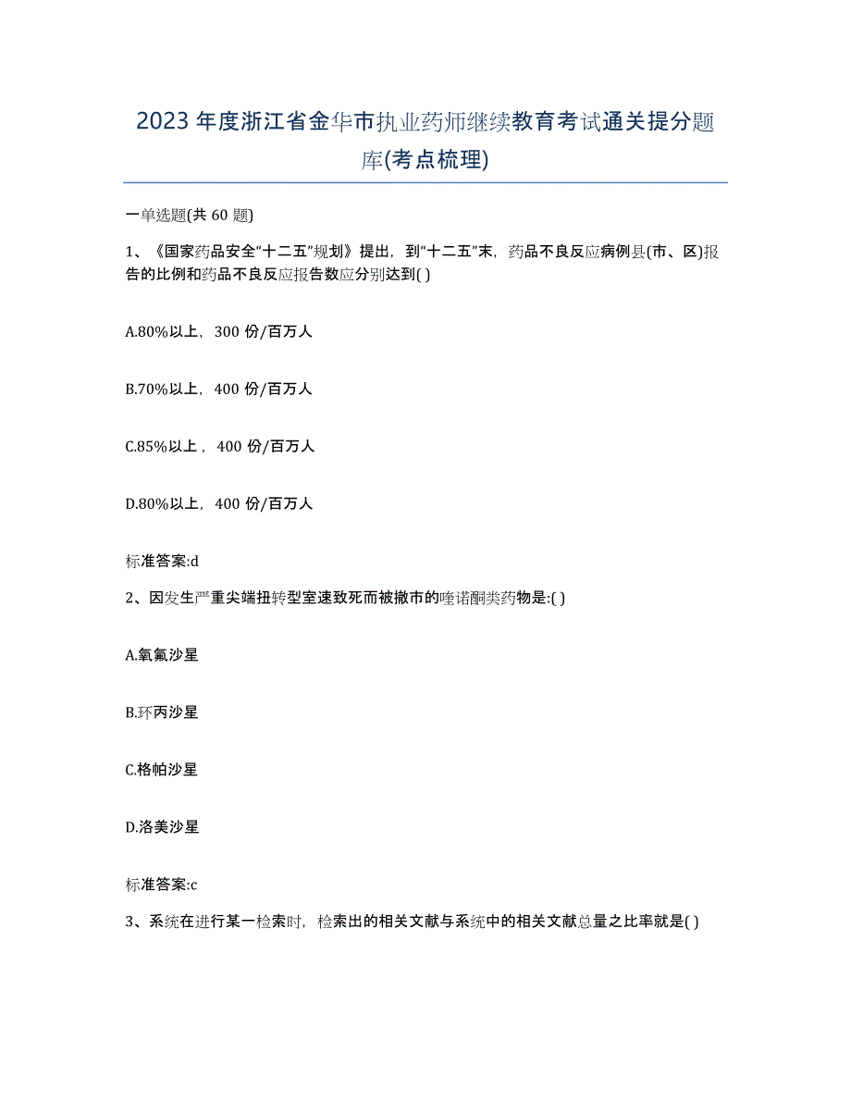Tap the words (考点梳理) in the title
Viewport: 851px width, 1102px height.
pyautogui.click(x=441, y=159)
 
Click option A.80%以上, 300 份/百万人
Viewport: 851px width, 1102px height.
pyautogui.click(x=219, y=331)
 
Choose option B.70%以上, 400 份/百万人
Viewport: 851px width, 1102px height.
pyautogui.click(x=219, y=389)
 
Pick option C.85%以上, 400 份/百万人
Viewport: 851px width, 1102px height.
pyautogui.click(x=220, y=446)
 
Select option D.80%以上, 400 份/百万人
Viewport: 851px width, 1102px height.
pyautogui.click(x=219, y=503)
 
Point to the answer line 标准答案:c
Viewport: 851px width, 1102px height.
pyautogui.click(x=162, y=885)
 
